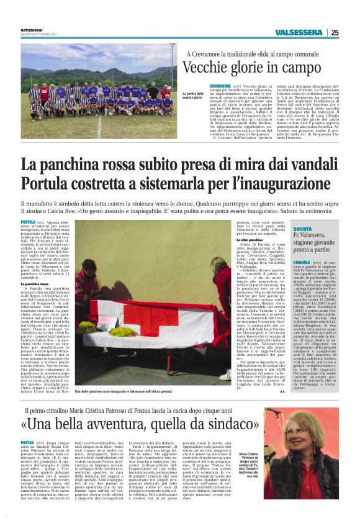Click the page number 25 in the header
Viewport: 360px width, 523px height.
(335, 33)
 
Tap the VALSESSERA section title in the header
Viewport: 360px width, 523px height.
(297, 33)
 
